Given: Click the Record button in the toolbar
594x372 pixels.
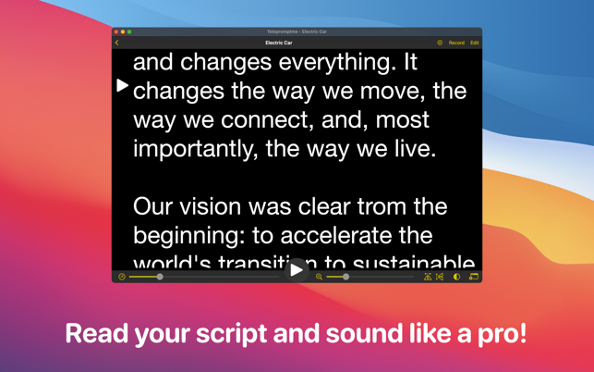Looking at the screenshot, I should tap(456, 43).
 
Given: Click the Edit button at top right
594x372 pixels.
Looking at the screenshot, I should tap(475, 43).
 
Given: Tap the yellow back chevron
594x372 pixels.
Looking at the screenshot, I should tap(117, 43).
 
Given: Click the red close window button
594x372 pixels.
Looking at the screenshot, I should tap(116, 31).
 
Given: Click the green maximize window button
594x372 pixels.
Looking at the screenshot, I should tap(129, 31).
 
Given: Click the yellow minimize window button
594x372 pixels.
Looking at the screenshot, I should tap(123, 31).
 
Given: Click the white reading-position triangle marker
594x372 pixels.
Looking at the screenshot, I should tap(123, 86).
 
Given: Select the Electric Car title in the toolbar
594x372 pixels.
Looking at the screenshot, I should tap(279, 43).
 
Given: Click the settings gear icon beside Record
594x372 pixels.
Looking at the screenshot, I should tap(440, 43).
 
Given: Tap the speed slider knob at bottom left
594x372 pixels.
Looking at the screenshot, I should tap(160, 277).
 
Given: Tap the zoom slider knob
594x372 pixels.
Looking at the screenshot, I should tap(345, 277).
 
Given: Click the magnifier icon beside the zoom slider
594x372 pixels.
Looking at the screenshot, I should tap(320, 277).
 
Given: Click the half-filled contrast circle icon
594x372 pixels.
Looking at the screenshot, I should tap(456, 277).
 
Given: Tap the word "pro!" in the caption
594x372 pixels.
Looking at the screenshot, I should tap(502, 333).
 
